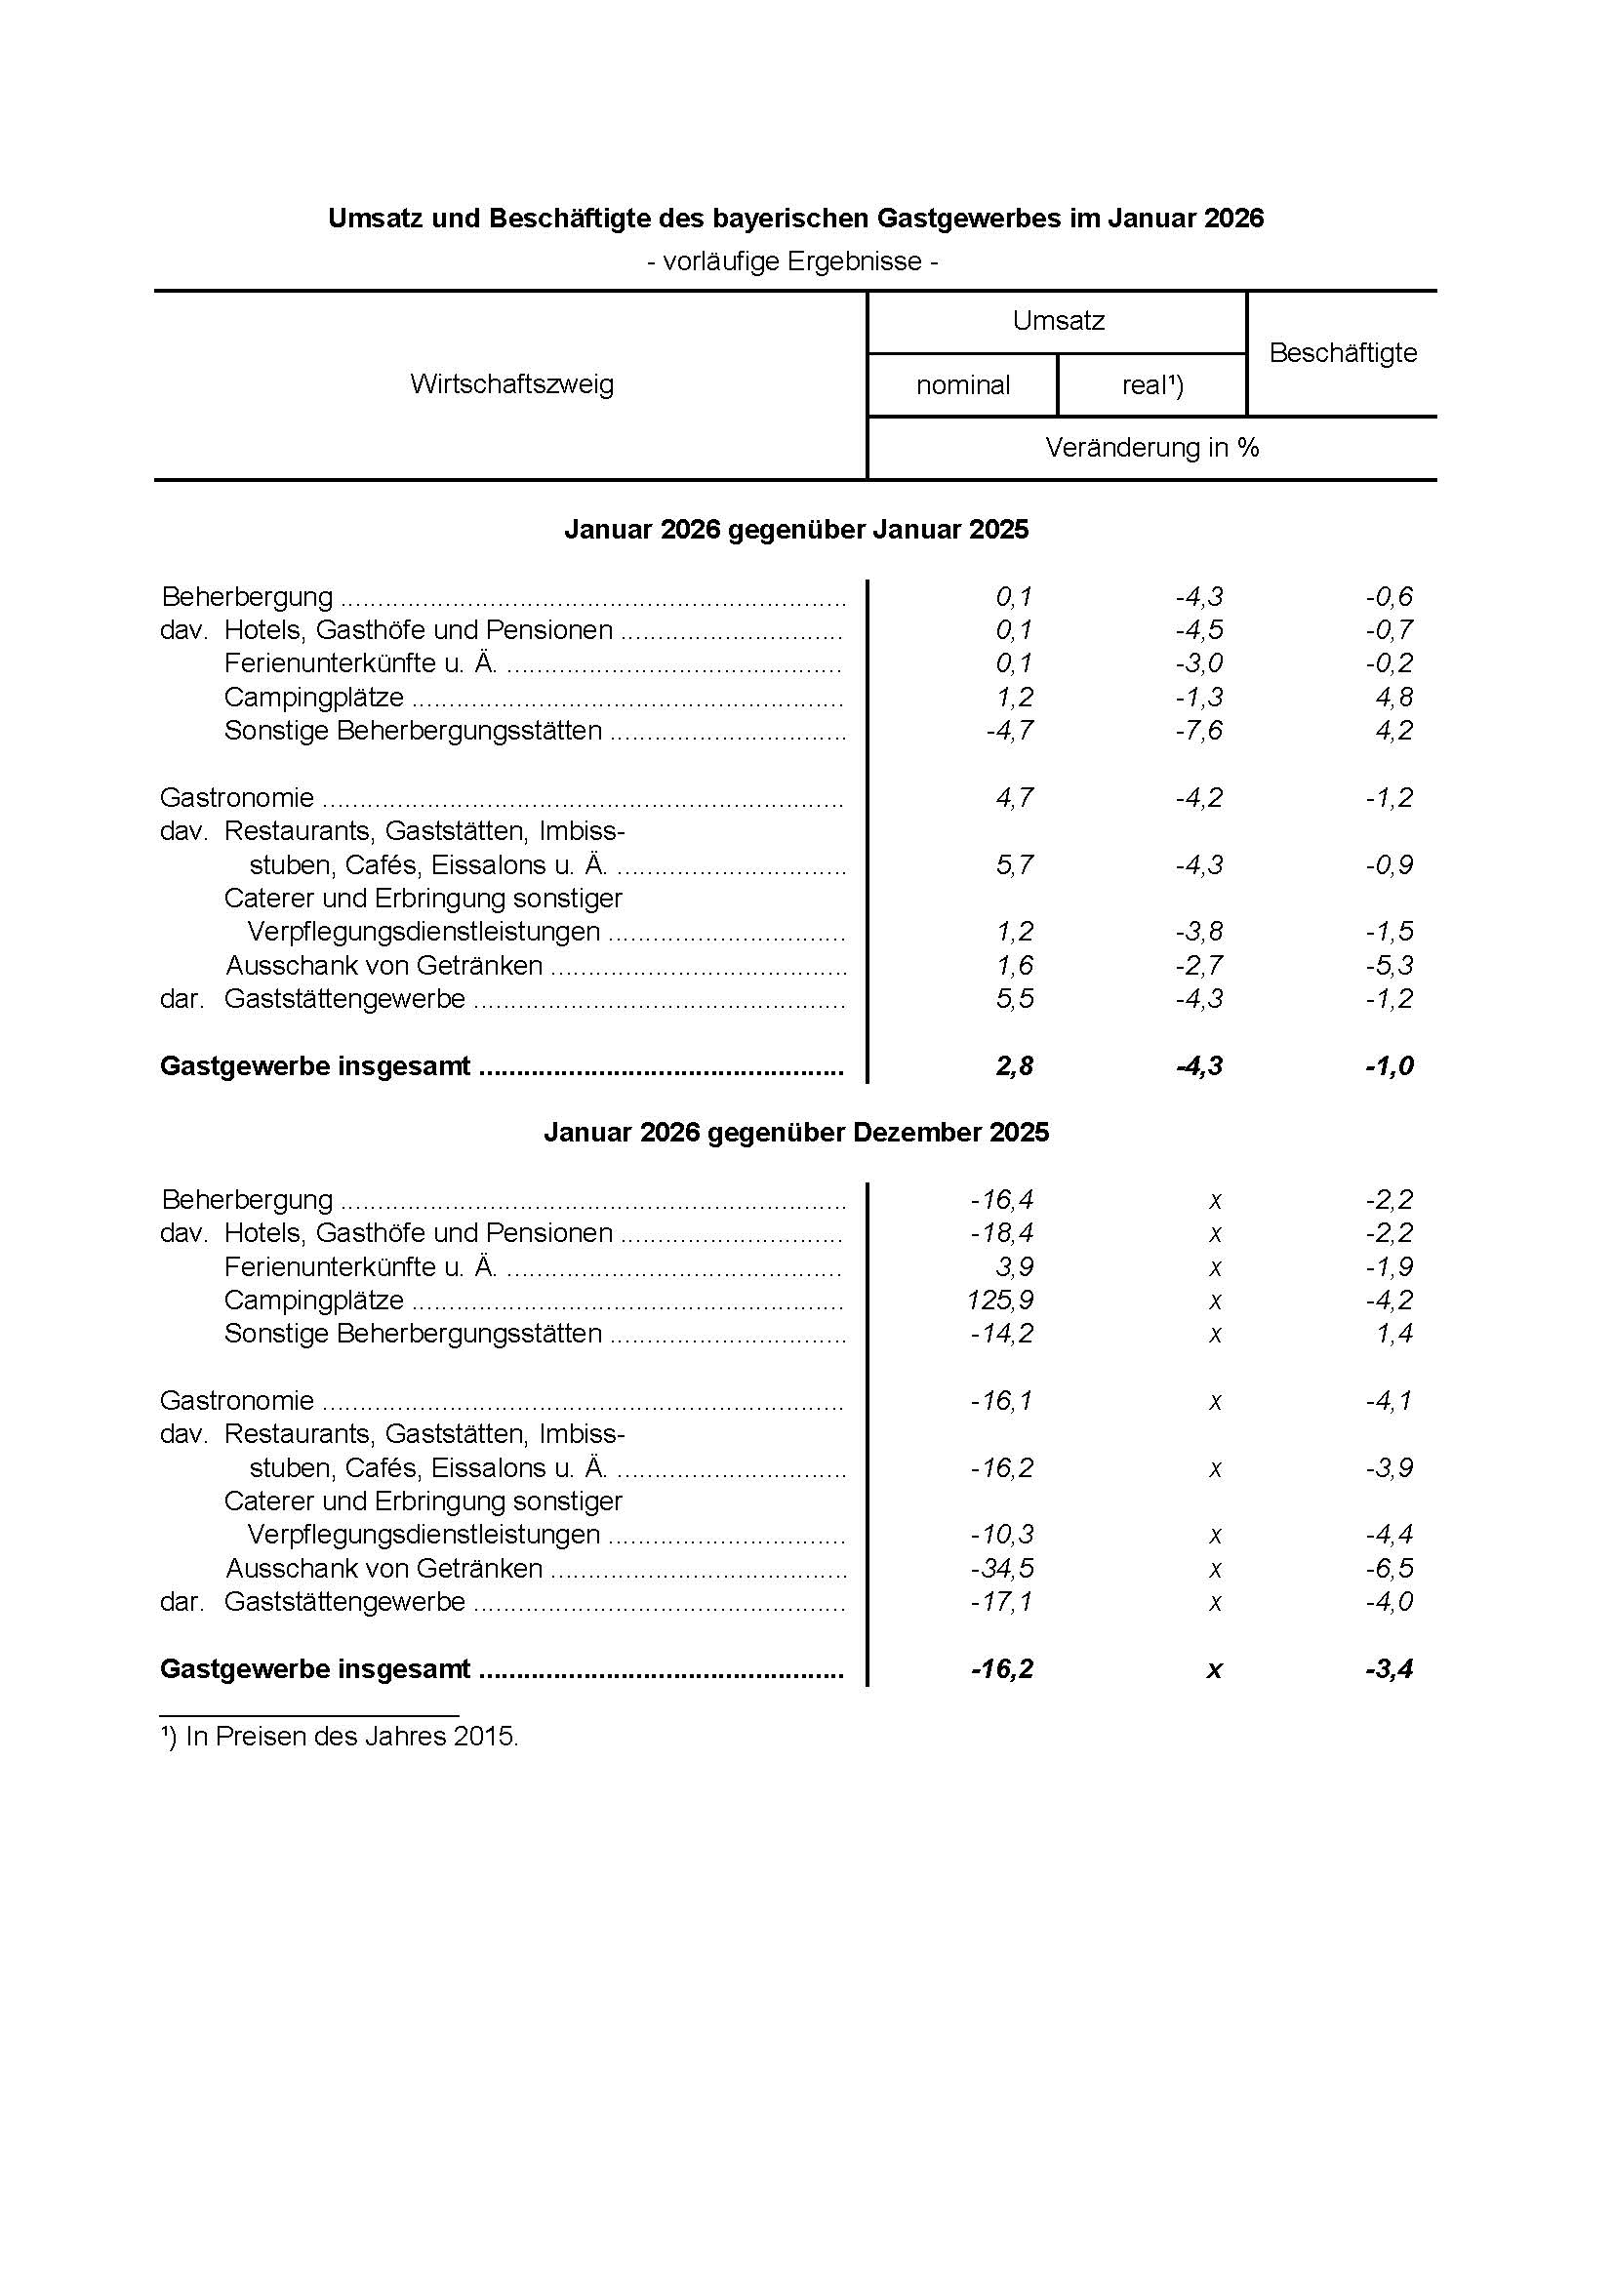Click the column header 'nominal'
962,384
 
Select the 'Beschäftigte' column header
1342,353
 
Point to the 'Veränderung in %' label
1151,448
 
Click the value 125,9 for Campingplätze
1000,1300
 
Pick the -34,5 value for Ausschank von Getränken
1002,1569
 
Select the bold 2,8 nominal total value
1014,1066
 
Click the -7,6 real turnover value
1198,731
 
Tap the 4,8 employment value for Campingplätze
1393,697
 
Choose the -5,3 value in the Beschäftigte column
1389,965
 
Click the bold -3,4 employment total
1389,1668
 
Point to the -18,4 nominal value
1002,1233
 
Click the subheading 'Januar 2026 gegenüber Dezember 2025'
796,1133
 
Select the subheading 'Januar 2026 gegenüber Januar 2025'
796,530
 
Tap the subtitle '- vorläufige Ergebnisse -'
792,261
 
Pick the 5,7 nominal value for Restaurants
1014,864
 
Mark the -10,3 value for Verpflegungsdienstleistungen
1002,1535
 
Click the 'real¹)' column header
1151,384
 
